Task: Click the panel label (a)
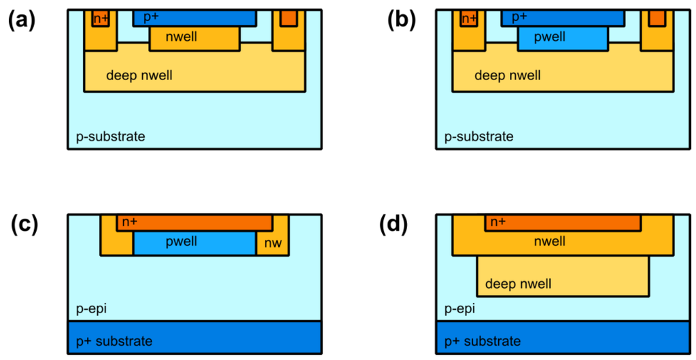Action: [x=21, y=20]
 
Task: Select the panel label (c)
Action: [x=25, y=225]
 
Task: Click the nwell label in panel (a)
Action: [x=181, y=37]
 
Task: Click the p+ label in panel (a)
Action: [x=151, y=16]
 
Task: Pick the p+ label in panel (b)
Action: [x=520, y=16]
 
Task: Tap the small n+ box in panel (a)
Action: [x=101, y=19]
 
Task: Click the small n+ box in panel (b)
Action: [x=469, y=19]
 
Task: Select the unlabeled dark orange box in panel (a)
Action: [x=288, y=18]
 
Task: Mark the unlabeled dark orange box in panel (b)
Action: [x=657, y=18]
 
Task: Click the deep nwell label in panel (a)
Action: [x=139, y=75]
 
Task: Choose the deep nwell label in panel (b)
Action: [x=508, y=75]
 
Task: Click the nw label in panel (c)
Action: [x=273, y=242]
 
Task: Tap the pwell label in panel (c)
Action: [x=181, y=242]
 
